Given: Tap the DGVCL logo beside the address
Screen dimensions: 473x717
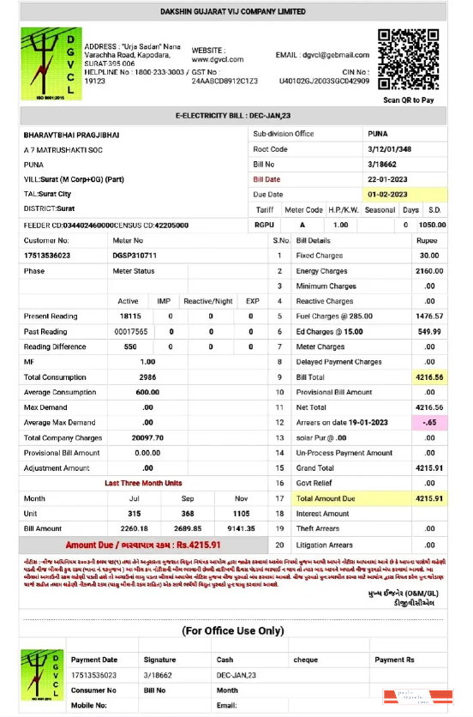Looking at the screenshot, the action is tap(49, 63).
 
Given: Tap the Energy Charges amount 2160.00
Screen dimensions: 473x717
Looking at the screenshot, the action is tap(428, 271).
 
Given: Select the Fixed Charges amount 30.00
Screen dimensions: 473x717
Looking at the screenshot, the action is tap(430, 256).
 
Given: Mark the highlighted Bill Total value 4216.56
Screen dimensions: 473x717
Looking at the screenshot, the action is tap(428, 377).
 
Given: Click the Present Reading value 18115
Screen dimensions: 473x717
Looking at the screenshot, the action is tap(129, 316).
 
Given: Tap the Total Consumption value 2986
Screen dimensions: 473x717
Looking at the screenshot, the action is tap(147, 377).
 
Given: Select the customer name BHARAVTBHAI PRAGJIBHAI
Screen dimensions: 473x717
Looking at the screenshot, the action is tap(75, 135).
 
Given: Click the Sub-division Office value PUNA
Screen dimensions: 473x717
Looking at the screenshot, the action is tap(378, 135).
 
